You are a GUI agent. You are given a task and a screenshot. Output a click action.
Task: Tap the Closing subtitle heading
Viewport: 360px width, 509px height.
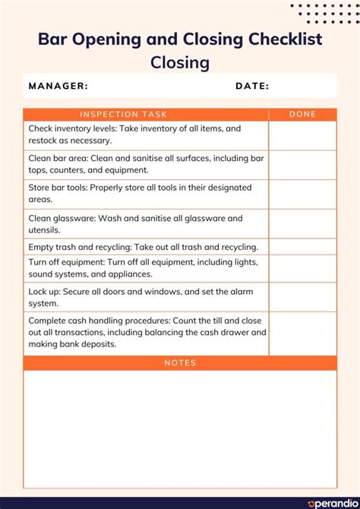(x=180, y=62)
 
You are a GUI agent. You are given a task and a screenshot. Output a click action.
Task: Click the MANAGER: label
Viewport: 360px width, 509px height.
(x=58, y=86)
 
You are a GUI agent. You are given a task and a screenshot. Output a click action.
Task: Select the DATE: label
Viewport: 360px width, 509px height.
(x=252, y=86)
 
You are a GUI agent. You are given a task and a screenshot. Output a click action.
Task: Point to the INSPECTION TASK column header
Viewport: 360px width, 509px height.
(x=123, y=115)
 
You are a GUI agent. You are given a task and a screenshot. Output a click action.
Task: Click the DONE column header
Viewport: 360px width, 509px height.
(x=302, y=115)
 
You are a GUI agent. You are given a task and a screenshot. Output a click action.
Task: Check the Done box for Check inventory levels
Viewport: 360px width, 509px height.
(x=302, y=135)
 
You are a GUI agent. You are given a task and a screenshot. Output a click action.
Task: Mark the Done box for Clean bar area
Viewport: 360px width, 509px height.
(x=302, y=165)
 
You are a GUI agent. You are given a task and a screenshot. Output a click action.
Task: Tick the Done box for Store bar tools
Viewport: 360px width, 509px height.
(x=302, y=194)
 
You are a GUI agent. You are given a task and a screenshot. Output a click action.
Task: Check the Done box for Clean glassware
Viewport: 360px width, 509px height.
(x=302, y=223)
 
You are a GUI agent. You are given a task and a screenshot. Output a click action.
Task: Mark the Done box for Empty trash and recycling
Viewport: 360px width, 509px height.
(x=302, y=246)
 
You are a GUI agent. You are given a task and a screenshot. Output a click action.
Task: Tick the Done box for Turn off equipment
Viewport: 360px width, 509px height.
(x=302, y=268)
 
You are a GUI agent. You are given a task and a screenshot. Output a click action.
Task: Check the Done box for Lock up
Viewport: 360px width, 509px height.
(x=302, y=297)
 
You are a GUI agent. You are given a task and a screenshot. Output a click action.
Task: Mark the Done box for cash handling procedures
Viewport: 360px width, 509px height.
(x=302, y=333)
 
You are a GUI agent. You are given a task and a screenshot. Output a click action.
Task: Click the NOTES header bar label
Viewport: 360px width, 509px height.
(x=180, y=363)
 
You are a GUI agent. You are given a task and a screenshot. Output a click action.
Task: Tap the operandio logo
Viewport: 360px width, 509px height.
(x=330, y=502)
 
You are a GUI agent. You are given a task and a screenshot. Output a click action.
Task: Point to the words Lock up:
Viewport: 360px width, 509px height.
(x=46, y=292)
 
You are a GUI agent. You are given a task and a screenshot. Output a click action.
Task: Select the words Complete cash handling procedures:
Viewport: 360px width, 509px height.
(x=94, y=320)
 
